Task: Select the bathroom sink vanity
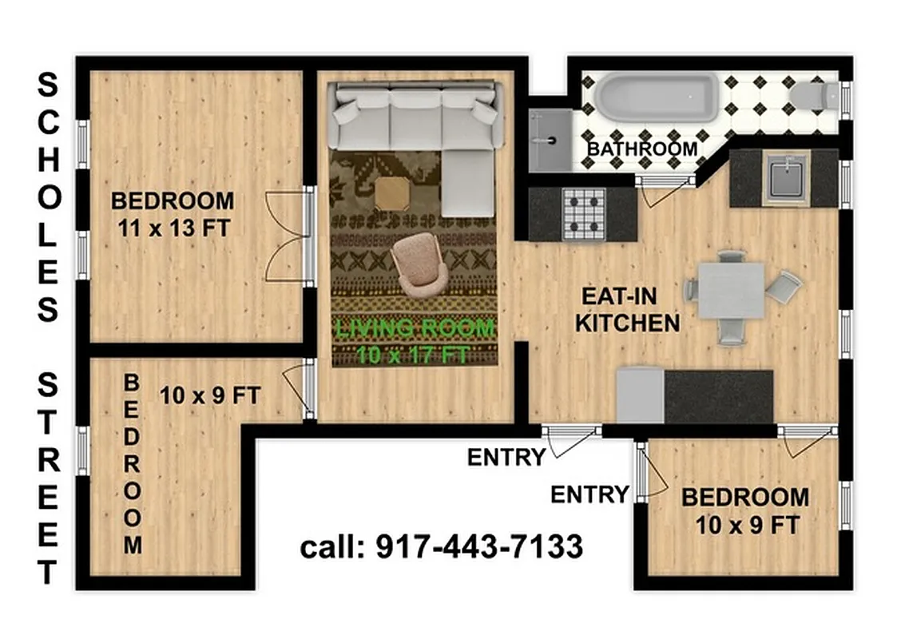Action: pos(550,140)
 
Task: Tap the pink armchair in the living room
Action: pos(419,264)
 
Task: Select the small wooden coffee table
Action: pos(391,192)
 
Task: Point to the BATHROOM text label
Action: pos(642,149)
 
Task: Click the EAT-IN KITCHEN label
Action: pos(628,310)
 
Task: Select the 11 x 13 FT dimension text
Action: pos(174,228)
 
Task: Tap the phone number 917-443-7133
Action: pos(480,548)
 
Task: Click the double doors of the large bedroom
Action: pos(288,236)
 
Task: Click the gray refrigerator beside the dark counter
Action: pos(640,395)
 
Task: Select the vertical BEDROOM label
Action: pos(132,465)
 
